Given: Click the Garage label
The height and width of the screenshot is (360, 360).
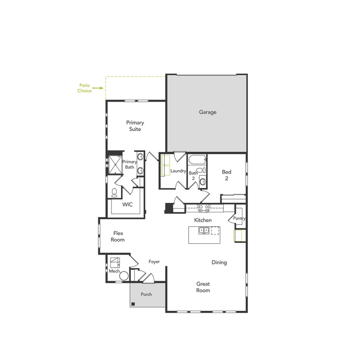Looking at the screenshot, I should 208,112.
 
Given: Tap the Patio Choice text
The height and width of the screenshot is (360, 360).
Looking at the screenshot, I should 85,88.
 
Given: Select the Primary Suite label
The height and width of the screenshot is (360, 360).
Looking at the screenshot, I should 135,126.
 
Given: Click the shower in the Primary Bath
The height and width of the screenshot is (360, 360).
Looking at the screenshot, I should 114,164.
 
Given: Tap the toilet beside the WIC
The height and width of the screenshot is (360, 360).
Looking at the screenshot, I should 114,192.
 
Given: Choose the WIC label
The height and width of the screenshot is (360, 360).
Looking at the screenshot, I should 128,205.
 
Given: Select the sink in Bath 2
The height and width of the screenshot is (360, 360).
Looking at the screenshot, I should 202,181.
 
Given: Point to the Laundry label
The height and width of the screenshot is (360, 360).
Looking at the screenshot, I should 179,171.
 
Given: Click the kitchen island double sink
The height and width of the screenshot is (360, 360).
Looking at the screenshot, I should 204,230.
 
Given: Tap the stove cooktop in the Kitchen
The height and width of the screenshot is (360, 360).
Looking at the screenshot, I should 204,207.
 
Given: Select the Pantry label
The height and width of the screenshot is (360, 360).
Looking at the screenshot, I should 239,218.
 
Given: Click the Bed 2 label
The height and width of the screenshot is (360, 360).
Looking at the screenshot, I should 227,175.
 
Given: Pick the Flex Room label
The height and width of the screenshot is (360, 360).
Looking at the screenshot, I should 118,236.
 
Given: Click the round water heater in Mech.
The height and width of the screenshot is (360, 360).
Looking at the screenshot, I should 124,276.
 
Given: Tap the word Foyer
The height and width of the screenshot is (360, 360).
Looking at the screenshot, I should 154,262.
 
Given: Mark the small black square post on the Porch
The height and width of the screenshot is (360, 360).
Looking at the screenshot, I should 134,304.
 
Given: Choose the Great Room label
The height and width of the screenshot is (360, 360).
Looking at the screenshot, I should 203,287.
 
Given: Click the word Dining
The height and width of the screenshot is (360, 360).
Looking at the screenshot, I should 219,262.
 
